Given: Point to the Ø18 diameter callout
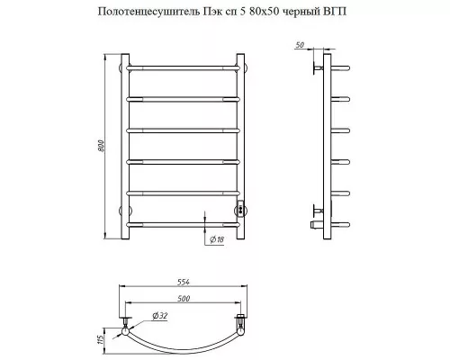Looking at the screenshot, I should tap(217, 239).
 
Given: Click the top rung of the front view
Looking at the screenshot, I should tap(184, 67).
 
